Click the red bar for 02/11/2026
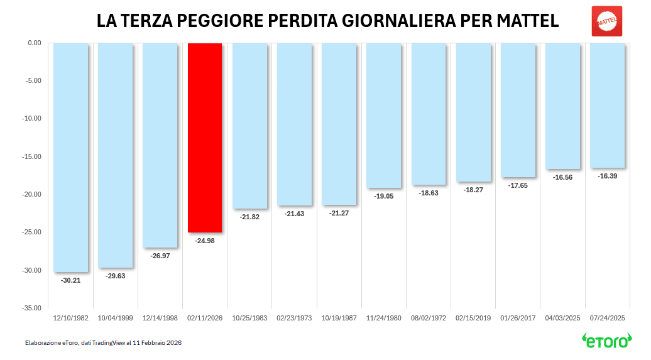205,138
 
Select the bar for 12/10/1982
70,158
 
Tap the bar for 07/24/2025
608,106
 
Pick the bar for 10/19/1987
339,124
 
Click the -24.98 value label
205,241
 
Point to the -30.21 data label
70,280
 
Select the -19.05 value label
383,196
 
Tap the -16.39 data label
608,176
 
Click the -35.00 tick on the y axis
31,308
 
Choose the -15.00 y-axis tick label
31,157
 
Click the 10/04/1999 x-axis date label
116,319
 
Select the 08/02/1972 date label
429,319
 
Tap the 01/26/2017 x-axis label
518,319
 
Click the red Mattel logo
607,21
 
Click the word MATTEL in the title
528,21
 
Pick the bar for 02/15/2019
473,112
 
